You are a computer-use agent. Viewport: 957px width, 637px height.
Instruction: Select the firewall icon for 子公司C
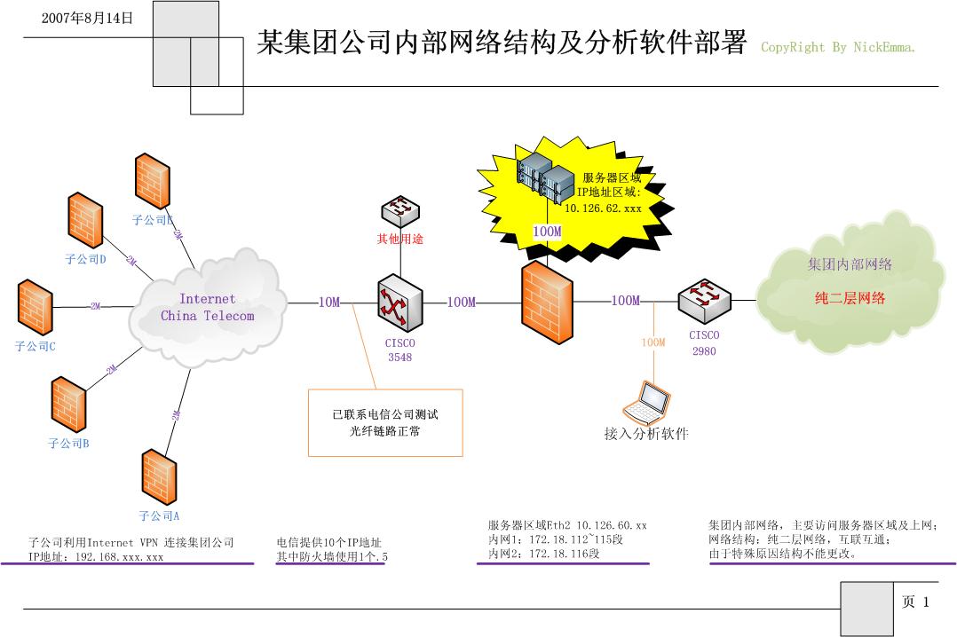(x=35, y=307)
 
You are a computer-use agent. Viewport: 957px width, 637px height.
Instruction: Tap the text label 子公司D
(x=85, y=260)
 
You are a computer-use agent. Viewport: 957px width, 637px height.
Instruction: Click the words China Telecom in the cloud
(x=207, y=316)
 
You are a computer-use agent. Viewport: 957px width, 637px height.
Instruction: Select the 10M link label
(x=329, y=303)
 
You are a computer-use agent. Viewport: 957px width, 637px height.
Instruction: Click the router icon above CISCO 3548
(x=399, y=303)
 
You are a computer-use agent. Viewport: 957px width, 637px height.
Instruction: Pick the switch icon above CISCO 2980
(x=706, y=301)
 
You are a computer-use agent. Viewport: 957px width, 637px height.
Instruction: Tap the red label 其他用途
(x=400, y=239)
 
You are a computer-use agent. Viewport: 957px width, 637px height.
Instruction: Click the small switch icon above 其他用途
(x=400, y=211)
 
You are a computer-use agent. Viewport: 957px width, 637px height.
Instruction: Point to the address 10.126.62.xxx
(x=603, y=208)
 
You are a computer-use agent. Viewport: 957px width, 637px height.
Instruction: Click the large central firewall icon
(x=546, y=303)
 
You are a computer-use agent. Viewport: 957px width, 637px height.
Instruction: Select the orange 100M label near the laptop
(x=653, y=342)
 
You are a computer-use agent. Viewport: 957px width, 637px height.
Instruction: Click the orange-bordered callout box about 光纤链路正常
(x=385, y=422)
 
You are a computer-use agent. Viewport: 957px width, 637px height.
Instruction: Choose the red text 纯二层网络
(x=850, y=298)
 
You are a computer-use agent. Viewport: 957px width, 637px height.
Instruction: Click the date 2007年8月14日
(x=88, y=18)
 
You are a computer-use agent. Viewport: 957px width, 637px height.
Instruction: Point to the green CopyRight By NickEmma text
(x=837, y=48)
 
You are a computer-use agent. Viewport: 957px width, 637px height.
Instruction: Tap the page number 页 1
(x=915, y=602)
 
